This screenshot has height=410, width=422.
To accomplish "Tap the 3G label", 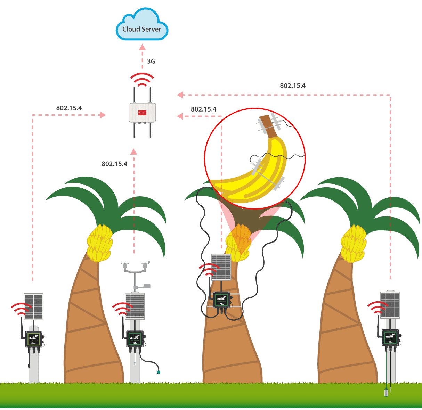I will click(151, 61).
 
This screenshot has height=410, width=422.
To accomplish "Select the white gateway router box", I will click(142, 112).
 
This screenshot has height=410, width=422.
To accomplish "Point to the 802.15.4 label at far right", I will click(293, 86).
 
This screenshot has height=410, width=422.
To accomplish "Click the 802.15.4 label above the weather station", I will click(114, 164).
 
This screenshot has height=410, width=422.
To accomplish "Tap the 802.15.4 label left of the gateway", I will click(69, 108).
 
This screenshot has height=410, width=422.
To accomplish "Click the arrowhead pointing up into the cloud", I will click(142, 47).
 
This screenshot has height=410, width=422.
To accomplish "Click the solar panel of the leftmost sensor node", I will click(33, 306).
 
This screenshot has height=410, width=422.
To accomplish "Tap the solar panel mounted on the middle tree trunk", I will click(221, 267).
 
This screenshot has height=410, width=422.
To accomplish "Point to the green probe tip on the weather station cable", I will click(159, 372).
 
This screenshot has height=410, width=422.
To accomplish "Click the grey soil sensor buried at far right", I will click(386, 393).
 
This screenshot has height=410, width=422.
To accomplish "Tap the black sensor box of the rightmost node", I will click(390, 337).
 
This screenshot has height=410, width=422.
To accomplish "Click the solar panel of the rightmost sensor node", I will click(390, 305).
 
